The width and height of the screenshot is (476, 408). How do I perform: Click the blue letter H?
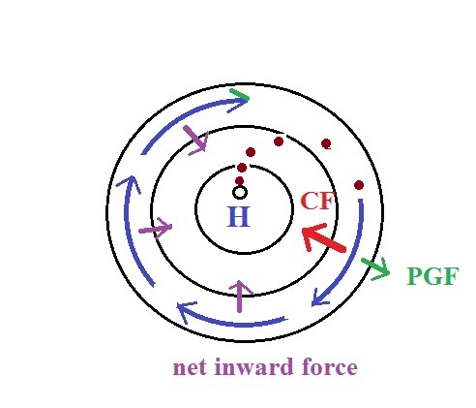click(x=239, y=216)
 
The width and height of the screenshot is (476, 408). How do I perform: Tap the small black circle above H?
click(x=240, y=192)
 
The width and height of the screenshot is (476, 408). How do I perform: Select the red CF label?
click(x=316, y=201)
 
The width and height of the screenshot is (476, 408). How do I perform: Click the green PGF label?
click(x=432, y=276)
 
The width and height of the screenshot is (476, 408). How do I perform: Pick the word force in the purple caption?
click(x=330, y=366)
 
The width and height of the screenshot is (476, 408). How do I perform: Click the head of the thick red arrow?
click(x=309, y=235)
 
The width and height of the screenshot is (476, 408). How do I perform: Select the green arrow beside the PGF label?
click(x=376, y=268)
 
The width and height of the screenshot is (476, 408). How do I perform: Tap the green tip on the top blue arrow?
click(x=239, y=94)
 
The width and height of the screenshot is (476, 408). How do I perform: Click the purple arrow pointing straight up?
click(x=240, y=296)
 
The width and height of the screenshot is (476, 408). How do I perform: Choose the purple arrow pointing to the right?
click(x=156, y=228)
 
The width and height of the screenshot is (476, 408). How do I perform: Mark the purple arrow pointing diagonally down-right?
click(x=195, y=140)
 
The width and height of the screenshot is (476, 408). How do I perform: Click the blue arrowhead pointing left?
click(x=186, y=311)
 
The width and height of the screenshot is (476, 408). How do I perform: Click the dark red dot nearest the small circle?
click(x=239, y=181)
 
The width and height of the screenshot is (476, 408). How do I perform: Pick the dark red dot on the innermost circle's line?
click(x=242, y=168)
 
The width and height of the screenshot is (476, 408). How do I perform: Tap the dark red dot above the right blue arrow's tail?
click(x=359, y=185)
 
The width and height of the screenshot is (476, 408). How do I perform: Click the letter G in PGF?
click(x=432, y=276)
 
